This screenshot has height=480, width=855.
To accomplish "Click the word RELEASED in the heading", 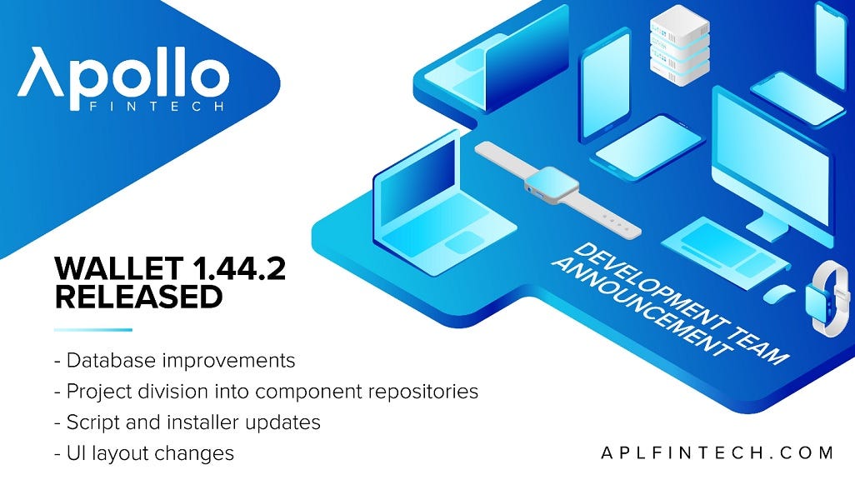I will [x=138, y=297].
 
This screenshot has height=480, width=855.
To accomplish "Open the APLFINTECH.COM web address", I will [x=717, y=452].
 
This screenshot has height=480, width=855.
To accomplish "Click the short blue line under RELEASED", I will [x=92, y=330].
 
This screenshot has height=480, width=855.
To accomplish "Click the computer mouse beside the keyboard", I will [x=778, y=294].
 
